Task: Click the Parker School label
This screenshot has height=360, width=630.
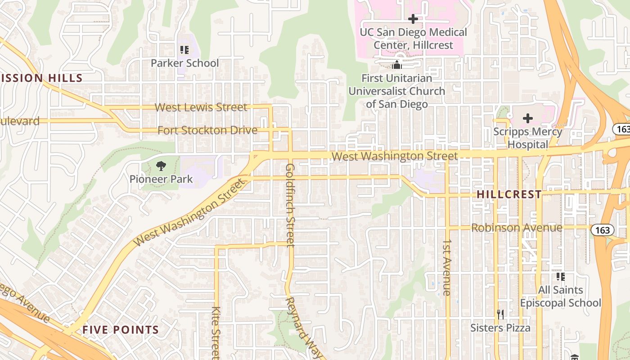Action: coord(184,63)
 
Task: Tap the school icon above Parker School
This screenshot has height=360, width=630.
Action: coord(184,49)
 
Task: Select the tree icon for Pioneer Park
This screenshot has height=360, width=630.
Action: coord(161,166)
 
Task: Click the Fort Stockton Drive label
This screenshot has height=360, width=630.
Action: coord(207,130)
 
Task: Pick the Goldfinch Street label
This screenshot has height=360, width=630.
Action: coord(290,205)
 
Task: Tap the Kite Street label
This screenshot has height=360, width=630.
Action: coord(216,331)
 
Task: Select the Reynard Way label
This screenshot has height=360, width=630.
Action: coord(304,328)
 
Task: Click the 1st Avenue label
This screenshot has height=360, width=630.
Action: coord(446,267)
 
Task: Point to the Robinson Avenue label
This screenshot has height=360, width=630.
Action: coord(517,228)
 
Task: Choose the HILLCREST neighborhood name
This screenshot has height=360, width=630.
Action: coord(509,194)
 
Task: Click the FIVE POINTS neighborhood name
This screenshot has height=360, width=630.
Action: coord(121,330)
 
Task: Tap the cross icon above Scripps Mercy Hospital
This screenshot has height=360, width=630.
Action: coord(528,119)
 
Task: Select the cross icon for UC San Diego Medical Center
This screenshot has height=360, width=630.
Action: coord(413,19)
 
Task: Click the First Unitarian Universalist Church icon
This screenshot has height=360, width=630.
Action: coord(396,65)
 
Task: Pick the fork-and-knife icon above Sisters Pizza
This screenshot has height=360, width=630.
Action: coord(500,314)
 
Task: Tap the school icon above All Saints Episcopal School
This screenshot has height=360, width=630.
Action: coord(560,276)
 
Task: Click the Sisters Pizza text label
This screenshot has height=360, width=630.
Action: coord(500,328)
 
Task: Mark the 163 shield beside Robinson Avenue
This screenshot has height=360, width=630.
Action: coord(602,230)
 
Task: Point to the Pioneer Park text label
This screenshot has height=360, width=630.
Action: coord(161,179)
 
